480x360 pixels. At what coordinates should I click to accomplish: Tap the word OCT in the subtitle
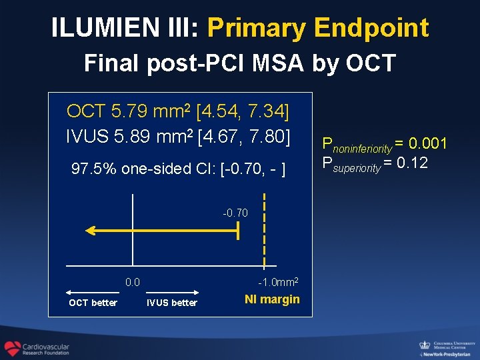coord(375,63)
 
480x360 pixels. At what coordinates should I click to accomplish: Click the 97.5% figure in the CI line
coord(97,169)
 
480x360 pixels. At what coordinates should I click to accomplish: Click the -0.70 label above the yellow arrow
coord(235,213)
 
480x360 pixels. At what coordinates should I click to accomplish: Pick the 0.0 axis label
coord(133,282)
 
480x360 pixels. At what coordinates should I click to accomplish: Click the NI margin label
coord(272,299)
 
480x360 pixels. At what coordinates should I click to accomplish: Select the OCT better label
coord(93,303)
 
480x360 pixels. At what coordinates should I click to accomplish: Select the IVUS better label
coord(172,303)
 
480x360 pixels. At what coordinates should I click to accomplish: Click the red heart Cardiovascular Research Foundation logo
coord(12,349)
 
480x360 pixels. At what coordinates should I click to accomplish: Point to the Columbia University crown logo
coord(424,345)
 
